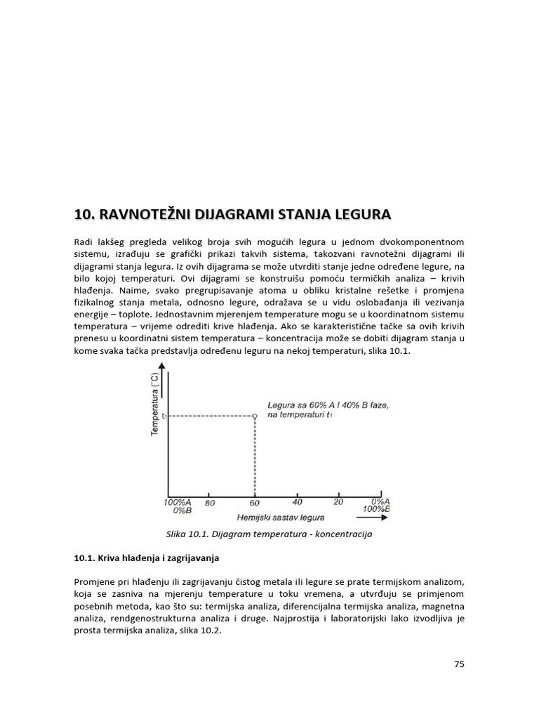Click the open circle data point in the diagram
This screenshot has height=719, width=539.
pos(255,416)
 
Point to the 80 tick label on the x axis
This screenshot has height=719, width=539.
pos(209,503)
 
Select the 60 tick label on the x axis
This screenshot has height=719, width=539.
pos(254,503)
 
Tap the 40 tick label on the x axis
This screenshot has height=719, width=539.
pos(298,502)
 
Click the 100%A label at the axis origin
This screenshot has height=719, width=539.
pos(176,502)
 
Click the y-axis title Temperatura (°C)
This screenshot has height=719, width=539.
pos(155,403)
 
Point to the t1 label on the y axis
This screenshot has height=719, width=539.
pos(164,416)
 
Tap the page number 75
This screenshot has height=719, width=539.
pos(460,664)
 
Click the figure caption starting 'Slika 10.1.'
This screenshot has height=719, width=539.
pos(269,534)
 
